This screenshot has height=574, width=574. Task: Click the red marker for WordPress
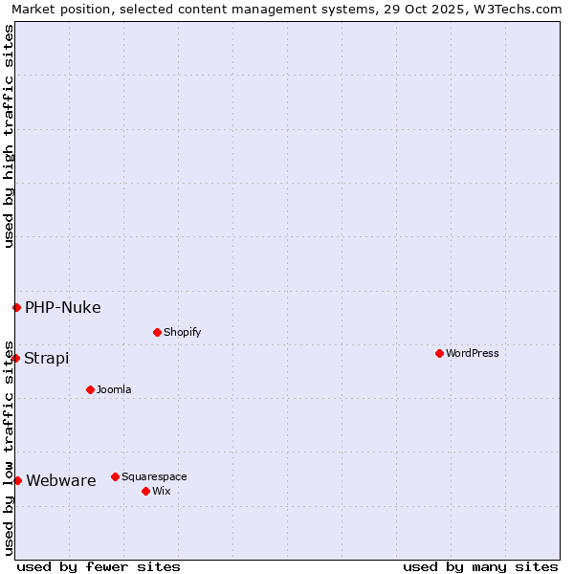pos(439,353)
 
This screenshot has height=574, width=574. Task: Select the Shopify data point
pos(157,332)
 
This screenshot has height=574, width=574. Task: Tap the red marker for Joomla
pos(90,389)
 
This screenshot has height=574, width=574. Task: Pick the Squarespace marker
pos(115,476)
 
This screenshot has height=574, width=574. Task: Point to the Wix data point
pos(145,491)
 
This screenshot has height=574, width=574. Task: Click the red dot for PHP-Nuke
pos(16,307)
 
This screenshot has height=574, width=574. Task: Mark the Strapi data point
pos(15,358)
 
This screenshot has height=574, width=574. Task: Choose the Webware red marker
pos(17,480)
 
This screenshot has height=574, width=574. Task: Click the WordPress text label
pos(473,353)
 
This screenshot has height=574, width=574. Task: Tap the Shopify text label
pos(182,332)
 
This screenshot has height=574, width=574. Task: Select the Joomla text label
pos(114,389)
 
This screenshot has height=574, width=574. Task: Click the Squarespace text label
pos(154,476)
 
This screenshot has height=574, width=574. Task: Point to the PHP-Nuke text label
pos(63,307)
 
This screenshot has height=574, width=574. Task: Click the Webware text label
pos(61,480)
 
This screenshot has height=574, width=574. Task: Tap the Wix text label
pos(161,491)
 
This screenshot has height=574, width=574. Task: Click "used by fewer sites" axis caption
pos(99,566)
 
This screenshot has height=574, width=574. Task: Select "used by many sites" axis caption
pos(480,566)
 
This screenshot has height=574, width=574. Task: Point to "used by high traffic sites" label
pos(9,136)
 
